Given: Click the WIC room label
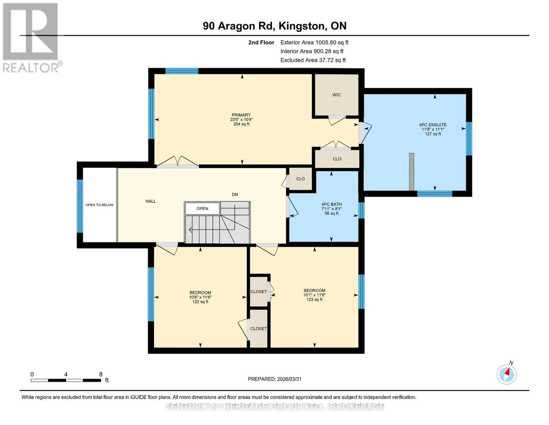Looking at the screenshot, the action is coord(336,95).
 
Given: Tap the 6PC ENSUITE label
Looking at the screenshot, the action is coord(433,125).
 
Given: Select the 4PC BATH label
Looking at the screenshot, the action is coord(332,204).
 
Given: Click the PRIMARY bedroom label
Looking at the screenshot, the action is coord(241,115).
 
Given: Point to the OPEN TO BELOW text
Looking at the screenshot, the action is coord(100,205).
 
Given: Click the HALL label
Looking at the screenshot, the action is coord(151,201).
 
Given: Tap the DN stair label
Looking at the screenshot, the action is coord(235,194).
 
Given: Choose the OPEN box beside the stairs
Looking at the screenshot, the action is coord(202,209).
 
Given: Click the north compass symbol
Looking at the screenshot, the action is coord(507,374).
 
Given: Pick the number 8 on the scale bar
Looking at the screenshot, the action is coord(100,374).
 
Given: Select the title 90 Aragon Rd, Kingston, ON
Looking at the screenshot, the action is coord(275,26).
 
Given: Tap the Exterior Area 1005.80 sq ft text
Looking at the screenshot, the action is coord(314,42).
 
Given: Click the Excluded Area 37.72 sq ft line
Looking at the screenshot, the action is coord(313,60).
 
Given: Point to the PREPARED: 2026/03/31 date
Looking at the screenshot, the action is coord(275,379).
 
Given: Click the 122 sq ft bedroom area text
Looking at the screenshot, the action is coord(200,302).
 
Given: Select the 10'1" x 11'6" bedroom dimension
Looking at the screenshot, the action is coord(314,295).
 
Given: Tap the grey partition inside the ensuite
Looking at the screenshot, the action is coord(411,172).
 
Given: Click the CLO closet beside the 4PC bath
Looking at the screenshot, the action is coord(300,179).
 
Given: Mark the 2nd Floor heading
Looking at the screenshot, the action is coord(261,42).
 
